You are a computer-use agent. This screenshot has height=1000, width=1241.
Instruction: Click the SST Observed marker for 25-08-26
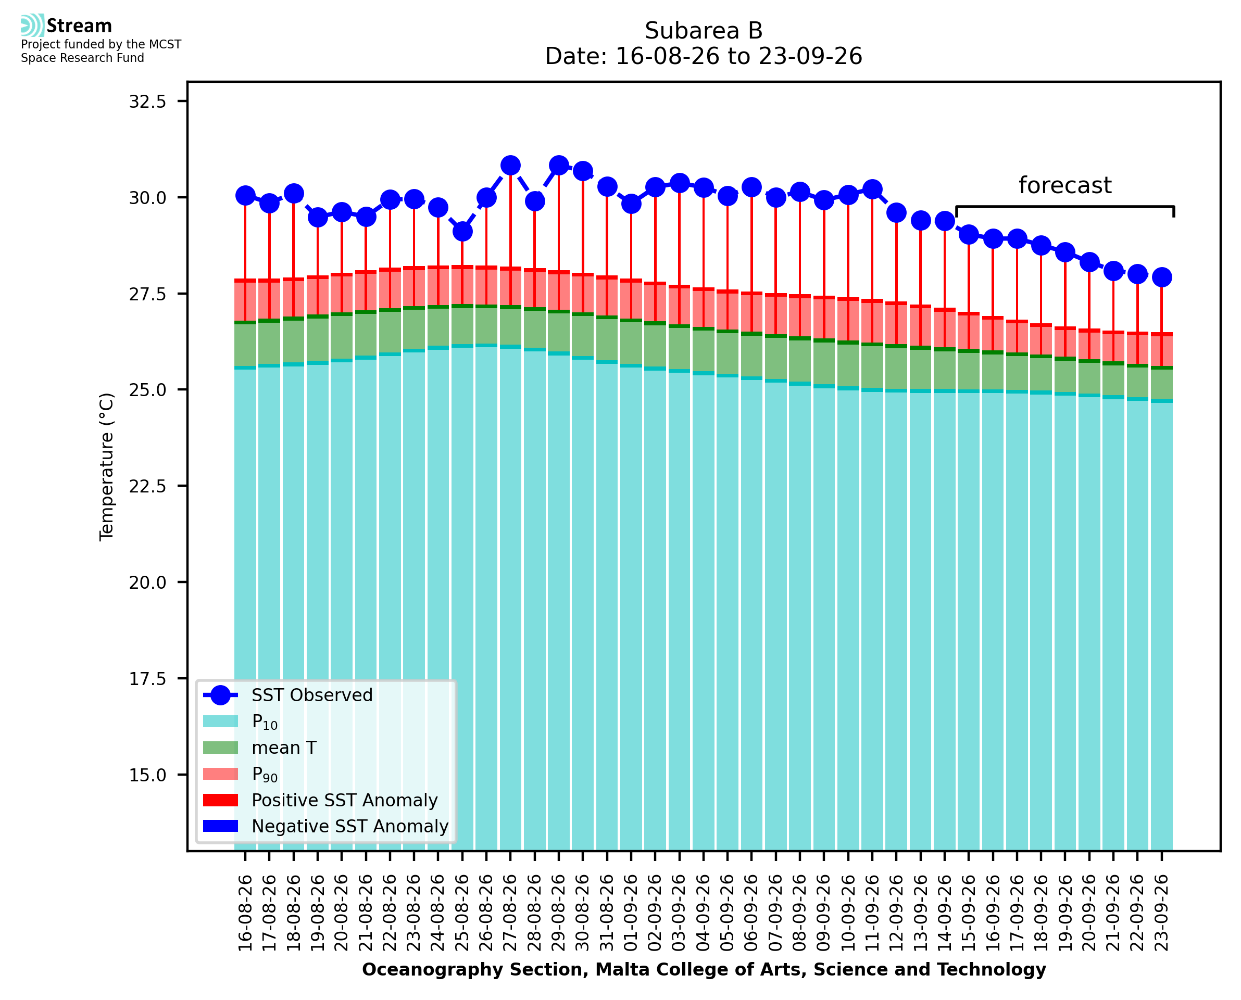(x=462, y=232)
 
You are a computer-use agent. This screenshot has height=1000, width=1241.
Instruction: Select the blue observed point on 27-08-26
(x=510, y=166)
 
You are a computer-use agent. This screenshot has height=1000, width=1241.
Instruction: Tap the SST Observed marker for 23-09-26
(x=1161, y=277)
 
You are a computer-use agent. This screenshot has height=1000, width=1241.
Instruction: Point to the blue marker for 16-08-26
(x=245, y=196)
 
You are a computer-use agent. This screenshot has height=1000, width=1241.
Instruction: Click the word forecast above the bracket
(x=1064, y=185)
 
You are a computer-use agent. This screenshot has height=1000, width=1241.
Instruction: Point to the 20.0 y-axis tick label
(x=147, y=583)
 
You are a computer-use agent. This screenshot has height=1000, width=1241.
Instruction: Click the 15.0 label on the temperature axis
(x=147, y=775)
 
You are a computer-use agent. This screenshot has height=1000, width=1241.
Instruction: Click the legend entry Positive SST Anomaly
(x=320, y=800)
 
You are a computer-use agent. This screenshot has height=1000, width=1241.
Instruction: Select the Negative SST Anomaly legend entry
(x=325, y=826)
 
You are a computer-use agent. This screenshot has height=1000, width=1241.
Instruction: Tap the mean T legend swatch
(x=221, y=748)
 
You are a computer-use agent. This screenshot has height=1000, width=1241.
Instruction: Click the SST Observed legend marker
(x=221, y=695)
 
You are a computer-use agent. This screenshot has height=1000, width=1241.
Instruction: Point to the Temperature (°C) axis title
(x=107, y=466)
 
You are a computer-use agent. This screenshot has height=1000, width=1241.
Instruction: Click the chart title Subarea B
(x=704, y=31)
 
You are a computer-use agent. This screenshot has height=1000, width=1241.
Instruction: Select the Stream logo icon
(x=32, y=26)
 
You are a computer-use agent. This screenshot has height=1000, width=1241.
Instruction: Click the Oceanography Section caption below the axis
(x=704, y=969)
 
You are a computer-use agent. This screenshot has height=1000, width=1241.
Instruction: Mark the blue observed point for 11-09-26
(x=872, y=189)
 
